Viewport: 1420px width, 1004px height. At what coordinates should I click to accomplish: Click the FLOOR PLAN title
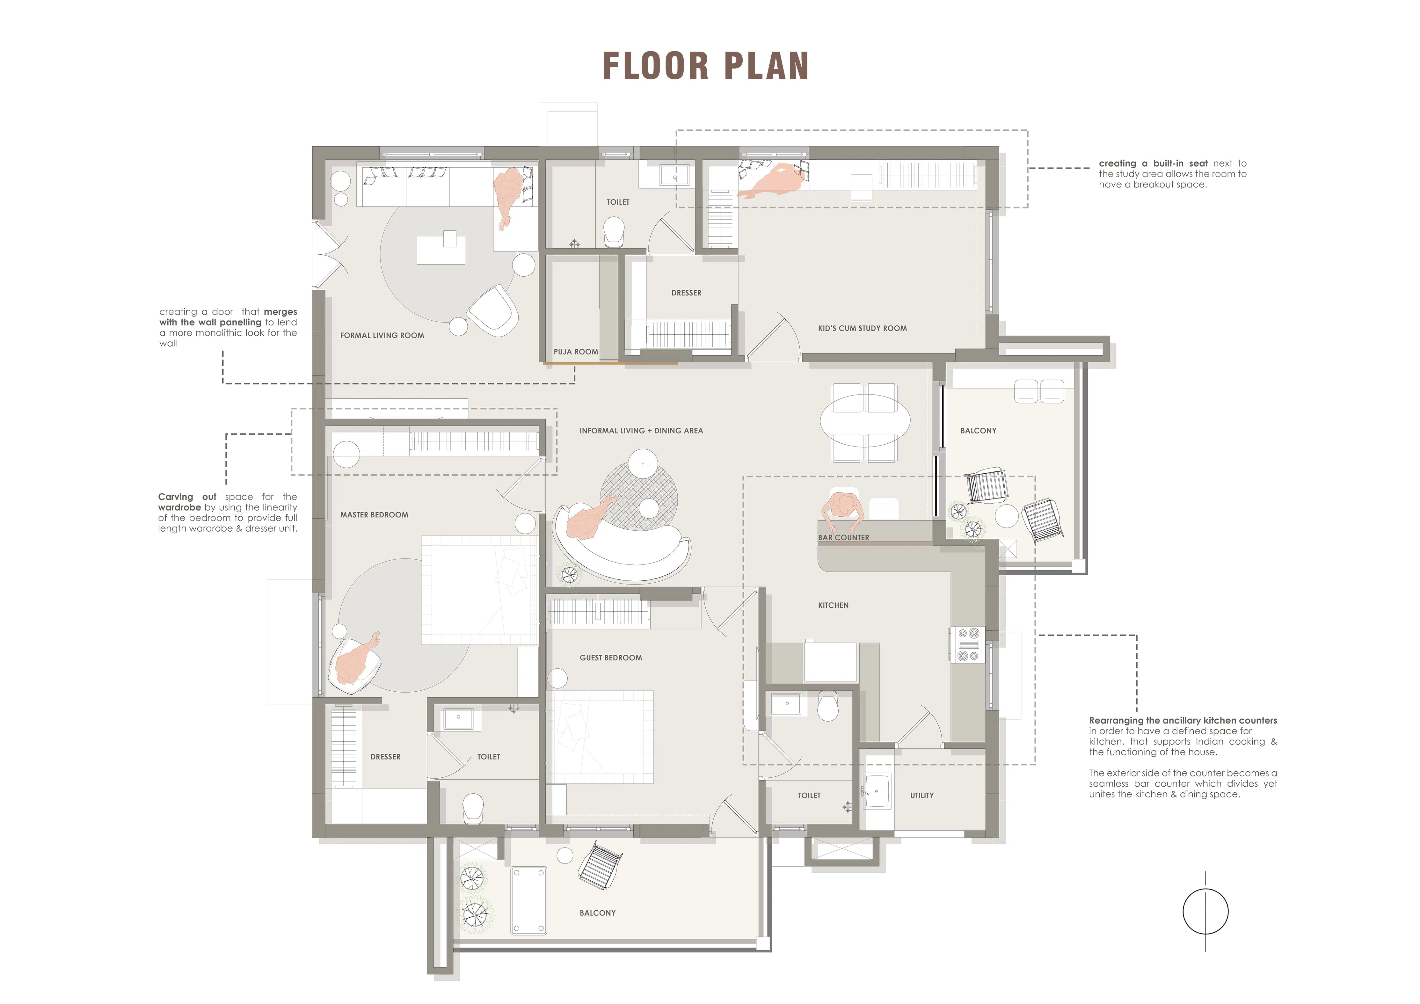tap(706, 66)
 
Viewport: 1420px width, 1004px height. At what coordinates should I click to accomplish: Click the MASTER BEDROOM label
tap(374, 515)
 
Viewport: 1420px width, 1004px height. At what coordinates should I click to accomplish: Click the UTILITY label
tap(922, 796)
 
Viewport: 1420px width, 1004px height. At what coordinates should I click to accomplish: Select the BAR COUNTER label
tap(844, 538)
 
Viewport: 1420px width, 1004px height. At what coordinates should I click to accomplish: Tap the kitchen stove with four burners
tap(969, 644)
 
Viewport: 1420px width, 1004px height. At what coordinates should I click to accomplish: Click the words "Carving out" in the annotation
tap(187, 497)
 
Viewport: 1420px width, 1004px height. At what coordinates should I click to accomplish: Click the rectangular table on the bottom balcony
tap(528, 900)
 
